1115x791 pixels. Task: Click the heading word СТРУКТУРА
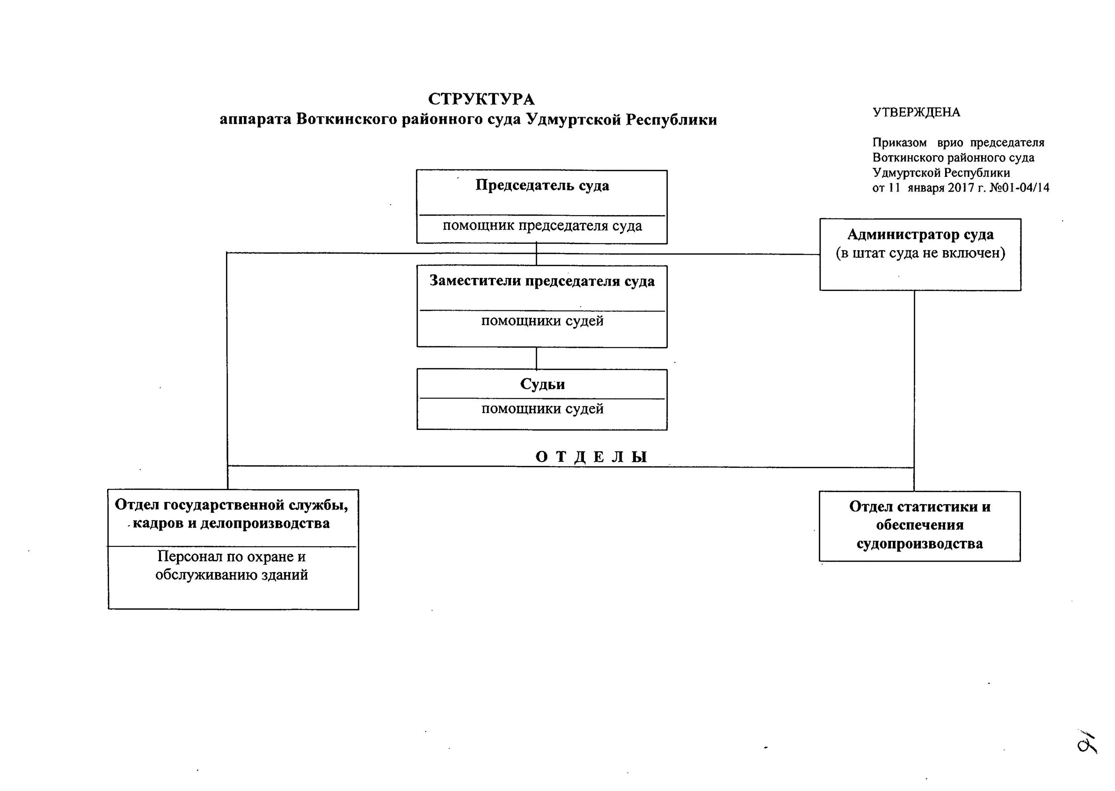coord(481,99)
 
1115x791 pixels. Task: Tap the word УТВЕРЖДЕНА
coord(916,113)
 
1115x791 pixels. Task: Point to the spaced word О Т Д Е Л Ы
coord(591,457)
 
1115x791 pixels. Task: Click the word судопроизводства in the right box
coord(919,544)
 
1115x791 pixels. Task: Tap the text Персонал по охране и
coord(232,556)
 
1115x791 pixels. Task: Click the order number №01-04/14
coord(1019,188)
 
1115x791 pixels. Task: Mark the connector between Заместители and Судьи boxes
coord(536,359)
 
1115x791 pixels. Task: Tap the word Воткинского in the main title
coord(346,120)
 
